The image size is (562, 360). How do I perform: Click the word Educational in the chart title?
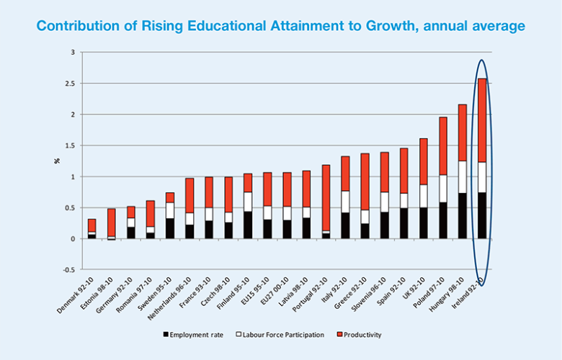click(x=187, y=26)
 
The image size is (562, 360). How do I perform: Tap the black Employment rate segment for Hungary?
click(x=463, y=216)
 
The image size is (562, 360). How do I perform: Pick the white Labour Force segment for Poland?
click(x=443, y=189)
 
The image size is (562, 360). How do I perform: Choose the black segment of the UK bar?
click(x=424, y=223)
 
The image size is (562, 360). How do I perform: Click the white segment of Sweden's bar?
click(x=170, y=210)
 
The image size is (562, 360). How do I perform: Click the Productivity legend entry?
click(x=362, y=335)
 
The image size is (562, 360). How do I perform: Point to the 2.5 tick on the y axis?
click(x=70, y=84)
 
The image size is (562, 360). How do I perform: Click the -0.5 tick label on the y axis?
click(x=68, y=270)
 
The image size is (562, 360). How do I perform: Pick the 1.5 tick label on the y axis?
click(x=70, y=145)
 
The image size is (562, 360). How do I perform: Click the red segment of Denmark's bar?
click(x=92, y=225)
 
